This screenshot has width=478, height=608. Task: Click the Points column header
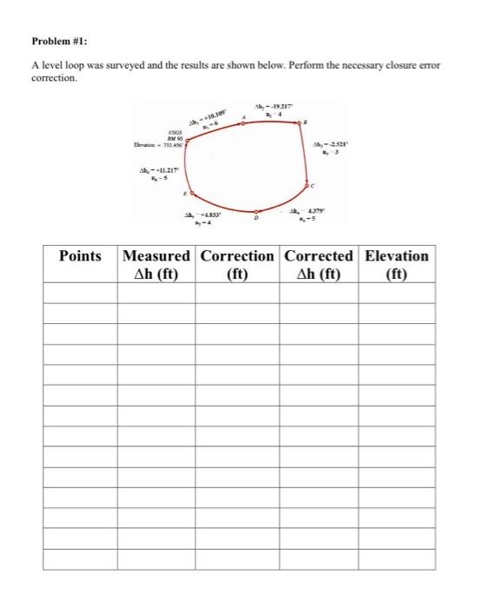click(x=80, y=256)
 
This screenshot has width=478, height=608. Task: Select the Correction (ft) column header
click(x=237, y=265)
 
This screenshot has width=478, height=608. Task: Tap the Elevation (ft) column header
click(x=396, y=265)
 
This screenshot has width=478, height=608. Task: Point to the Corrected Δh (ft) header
click(x=318, y=265)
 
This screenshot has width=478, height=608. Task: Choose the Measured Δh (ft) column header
click(x=156, y=265)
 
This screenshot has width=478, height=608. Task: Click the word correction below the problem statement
click(x=54, y=77)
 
